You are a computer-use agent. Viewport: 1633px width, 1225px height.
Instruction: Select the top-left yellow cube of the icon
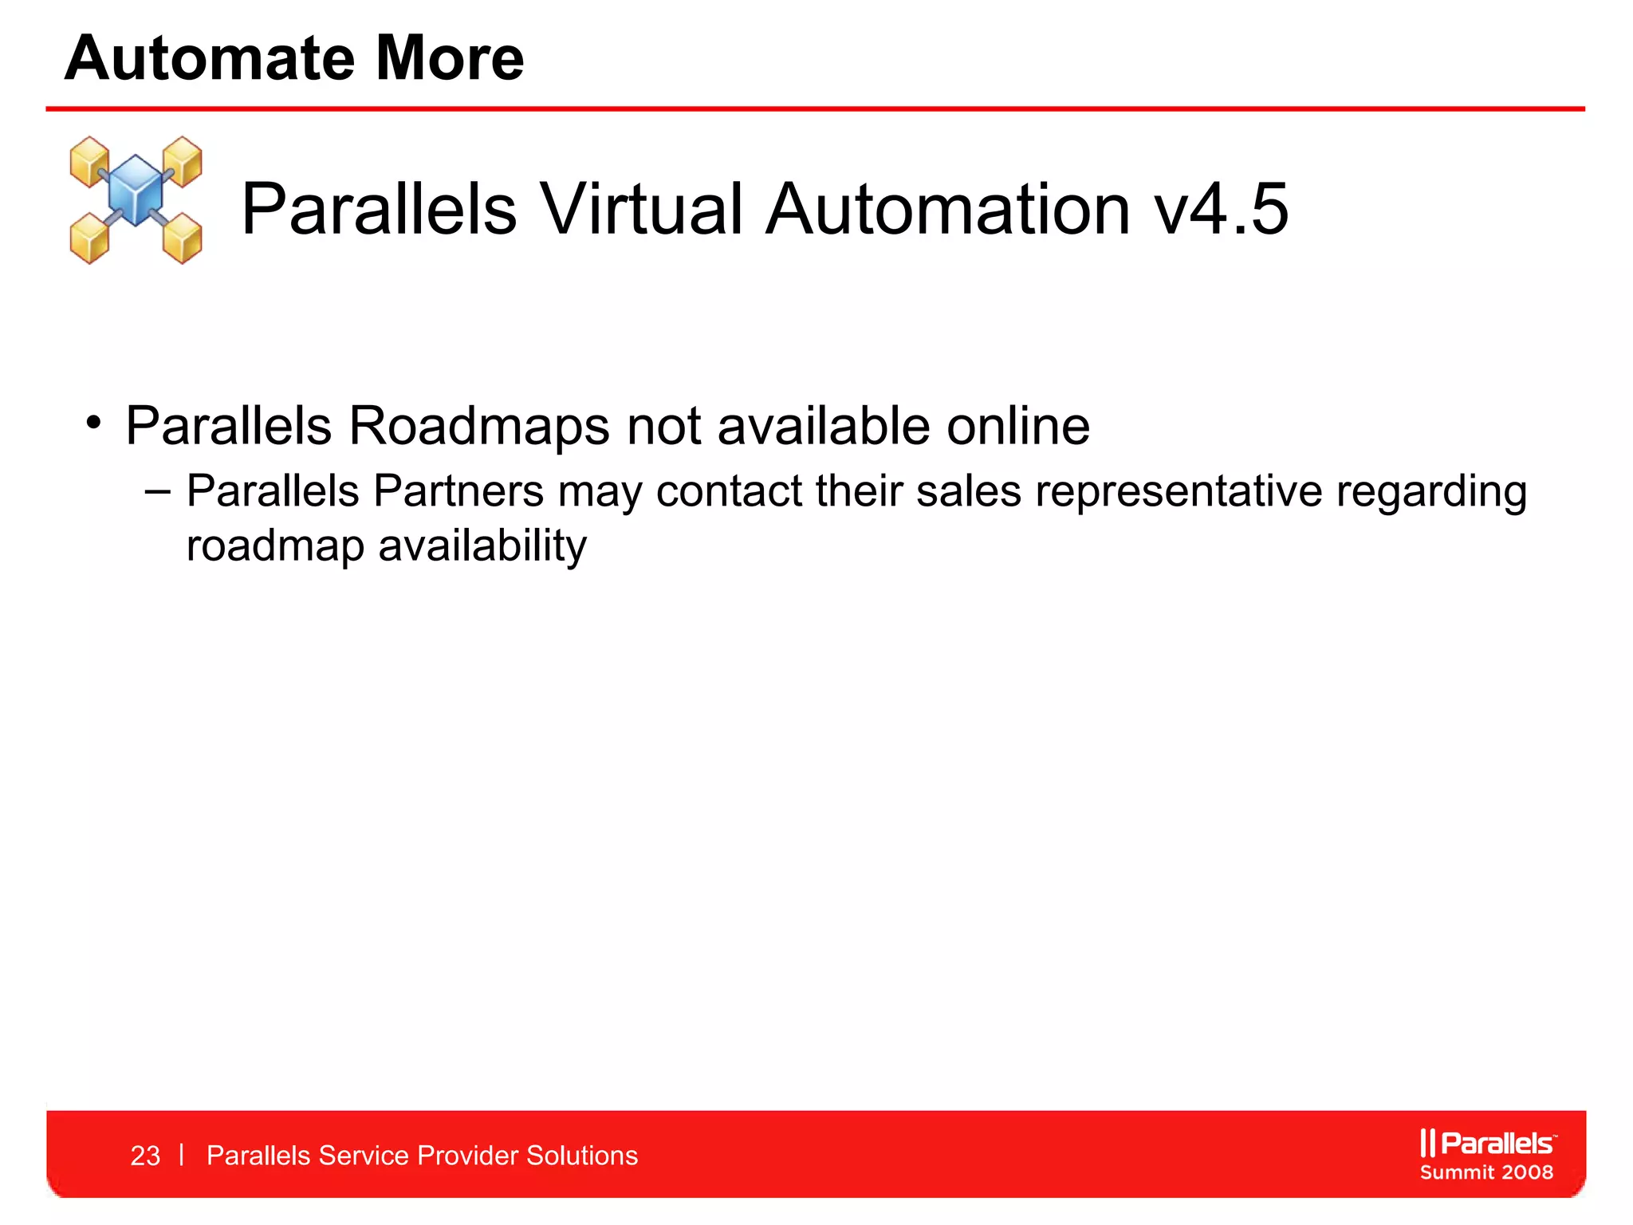89,160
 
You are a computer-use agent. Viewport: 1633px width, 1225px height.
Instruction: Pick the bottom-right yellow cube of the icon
183,238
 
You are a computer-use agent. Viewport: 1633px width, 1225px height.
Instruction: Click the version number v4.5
1221,209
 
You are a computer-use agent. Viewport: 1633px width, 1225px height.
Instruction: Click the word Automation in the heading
948,209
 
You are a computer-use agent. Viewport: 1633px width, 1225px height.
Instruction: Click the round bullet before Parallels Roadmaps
94,422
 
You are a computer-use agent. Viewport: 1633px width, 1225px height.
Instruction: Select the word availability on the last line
482,547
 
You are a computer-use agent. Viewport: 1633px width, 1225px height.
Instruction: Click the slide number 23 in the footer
145,1156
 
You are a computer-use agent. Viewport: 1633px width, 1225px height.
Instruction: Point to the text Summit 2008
1486,1172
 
